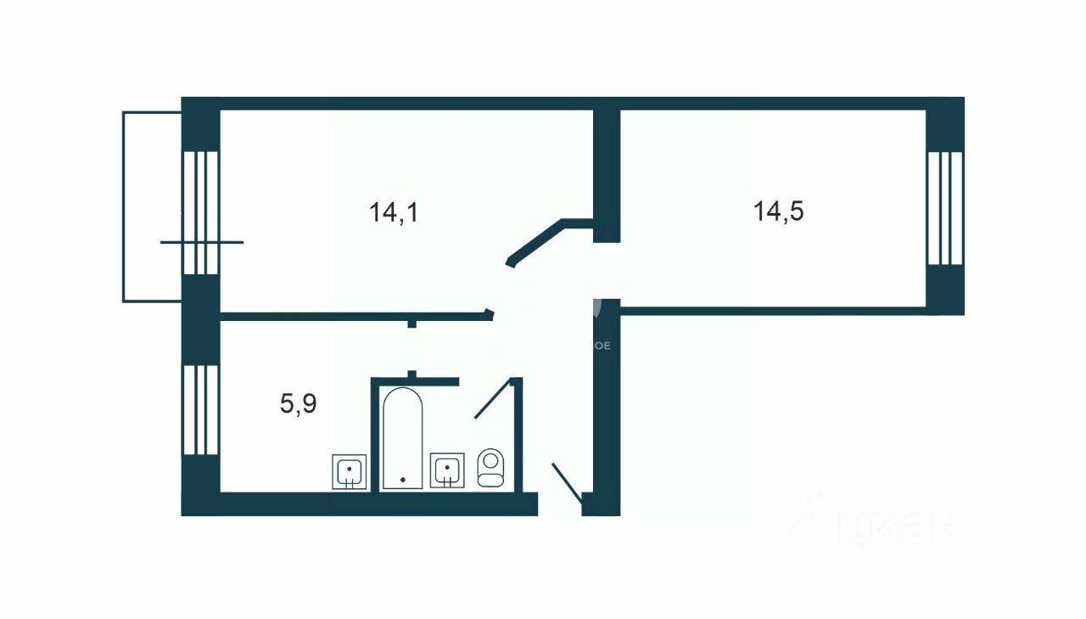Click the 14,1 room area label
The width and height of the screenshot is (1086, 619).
pos(395,212)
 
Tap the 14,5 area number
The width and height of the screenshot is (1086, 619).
pos(778,211)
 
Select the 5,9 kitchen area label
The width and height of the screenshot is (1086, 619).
pos(298,404)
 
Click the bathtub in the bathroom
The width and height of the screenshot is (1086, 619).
pos(401,438)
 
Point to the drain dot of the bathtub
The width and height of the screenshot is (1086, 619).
pos(402,480)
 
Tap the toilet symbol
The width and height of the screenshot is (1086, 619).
pos(490,468)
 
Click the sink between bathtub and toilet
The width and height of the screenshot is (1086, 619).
pos(447,470)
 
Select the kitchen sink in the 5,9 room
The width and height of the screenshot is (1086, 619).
pos(349,471)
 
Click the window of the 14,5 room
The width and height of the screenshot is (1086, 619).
pos(944,209)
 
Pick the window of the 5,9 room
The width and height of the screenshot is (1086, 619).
pos(200,409)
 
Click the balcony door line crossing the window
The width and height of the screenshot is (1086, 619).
pos(202,243)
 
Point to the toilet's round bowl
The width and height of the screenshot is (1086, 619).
pos(490,462)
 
